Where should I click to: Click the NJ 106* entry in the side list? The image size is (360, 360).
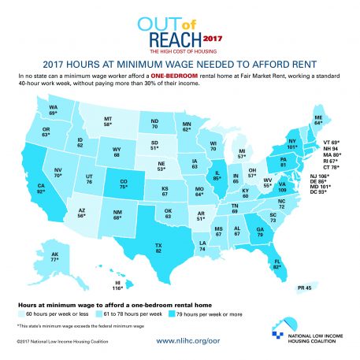pos(320,176)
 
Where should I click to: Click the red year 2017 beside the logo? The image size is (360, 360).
pos(213,37)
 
